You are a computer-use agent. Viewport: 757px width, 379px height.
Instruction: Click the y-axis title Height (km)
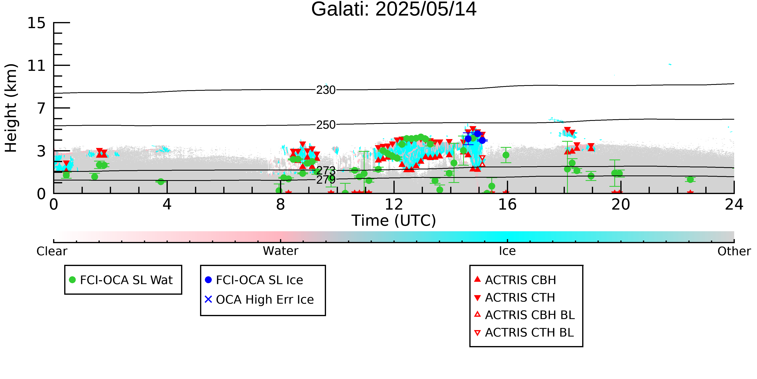(11, 108)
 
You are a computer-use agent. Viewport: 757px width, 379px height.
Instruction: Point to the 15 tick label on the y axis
(37, 23)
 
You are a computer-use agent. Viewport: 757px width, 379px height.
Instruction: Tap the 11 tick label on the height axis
(37, 66)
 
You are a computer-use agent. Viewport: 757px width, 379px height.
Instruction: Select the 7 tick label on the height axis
(41, 108)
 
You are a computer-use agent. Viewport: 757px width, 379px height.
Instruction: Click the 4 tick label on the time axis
(167, 205)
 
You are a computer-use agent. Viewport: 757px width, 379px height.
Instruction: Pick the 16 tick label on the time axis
(507, 205)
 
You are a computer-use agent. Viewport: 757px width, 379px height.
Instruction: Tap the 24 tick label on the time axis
(734, 205)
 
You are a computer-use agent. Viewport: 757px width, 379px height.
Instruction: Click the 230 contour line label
(326, 90)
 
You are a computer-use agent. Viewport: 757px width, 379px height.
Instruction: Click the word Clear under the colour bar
(52, 251)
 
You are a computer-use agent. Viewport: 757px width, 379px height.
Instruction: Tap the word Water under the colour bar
(281, 251)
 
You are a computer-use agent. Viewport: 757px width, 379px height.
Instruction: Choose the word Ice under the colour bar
(507, 251)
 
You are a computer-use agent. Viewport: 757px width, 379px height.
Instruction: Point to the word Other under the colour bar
(734, 251)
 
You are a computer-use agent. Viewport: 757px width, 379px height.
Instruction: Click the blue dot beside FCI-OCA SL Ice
(208, 280)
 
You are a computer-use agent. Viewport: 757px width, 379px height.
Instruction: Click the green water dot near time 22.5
(690, 179)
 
